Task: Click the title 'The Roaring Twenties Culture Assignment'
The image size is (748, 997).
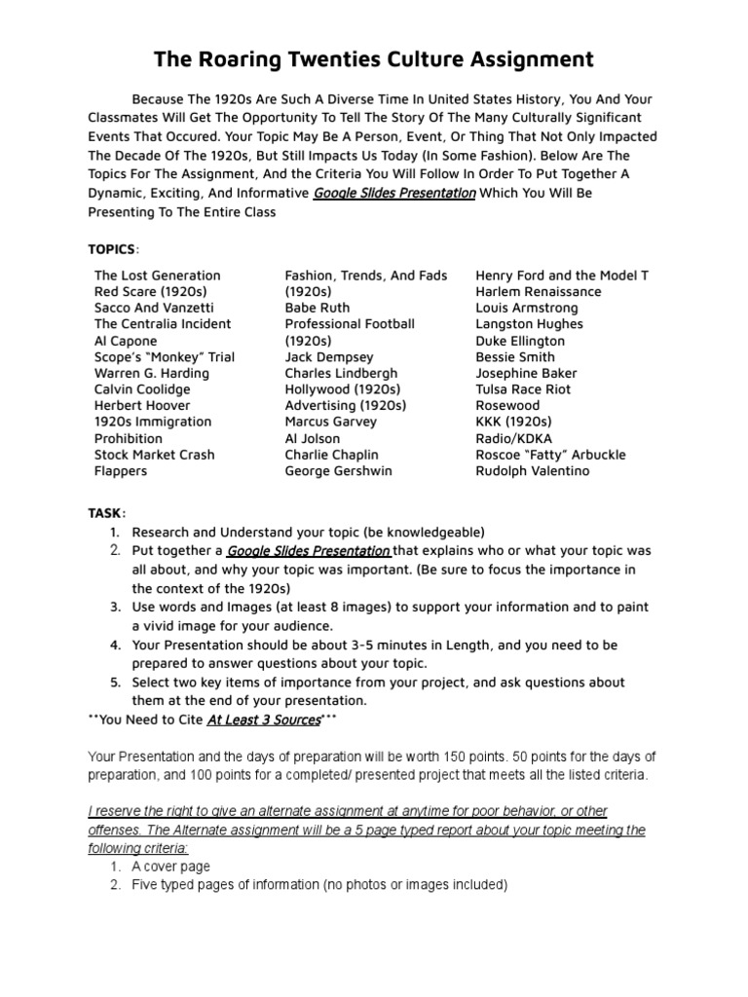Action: pyautogui.click(x=374, y=60)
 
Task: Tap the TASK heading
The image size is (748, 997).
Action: pyautogui.click(x=105, y=513)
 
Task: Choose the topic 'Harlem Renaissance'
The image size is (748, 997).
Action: pyautogui.click(x=539, y=292)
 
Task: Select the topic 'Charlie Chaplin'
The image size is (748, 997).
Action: pyautogui.click(x=331, y=455)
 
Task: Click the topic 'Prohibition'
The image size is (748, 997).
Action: pyautogui.click(x=129, y=438)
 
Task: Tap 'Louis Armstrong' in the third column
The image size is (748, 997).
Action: pyautogui.click(x=527, y=308)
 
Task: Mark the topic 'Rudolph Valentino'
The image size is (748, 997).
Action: pyautogui.click(x=533, y=471)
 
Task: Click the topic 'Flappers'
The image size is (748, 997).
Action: pyautogui.click(x=121, y=471)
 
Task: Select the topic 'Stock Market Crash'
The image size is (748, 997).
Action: pyautogui.click(x=154, y=455)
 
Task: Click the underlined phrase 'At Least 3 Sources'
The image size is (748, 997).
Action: pyautogui.click(x=264, y=720)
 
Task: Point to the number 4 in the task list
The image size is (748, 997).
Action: pyautogui.click(x=114, y=646)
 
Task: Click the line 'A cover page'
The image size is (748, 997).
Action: pyautogui.click(x=170, y=867)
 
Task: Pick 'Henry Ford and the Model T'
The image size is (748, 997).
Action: pyautogui.click(x=562, y=276)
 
